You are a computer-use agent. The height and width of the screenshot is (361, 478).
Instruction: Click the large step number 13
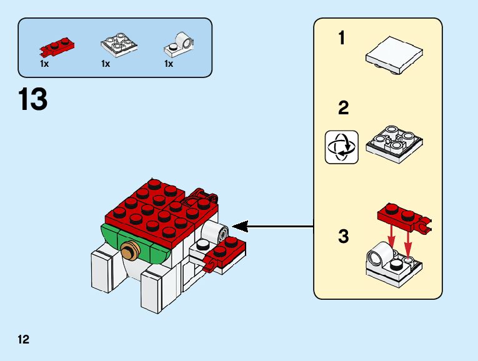(x=33, y=100)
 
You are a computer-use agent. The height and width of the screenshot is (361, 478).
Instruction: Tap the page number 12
(x=24, y=340)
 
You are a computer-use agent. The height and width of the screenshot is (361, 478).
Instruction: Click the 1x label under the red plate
(x=44, y=64)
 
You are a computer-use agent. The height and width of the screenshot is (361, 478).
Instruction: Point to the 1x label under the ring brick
(x=169, y=64)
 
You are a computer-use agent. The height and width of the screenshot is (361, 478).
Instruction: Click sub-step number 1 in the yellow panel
(x=342, y=39)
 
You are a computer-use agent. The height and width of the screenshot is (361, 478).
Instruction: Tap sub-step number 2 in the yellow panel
(x=343, y=108)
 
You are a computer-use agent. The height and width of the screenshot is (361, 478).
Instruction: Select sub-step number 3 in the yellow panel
(x=343, y=237)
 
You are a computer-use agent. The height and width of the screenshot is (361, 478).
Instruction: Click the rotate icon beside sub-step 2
(x=342, y=147)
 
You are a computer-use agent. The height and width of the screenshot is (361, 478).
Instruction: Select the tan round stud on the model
(x=129, y=252)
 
